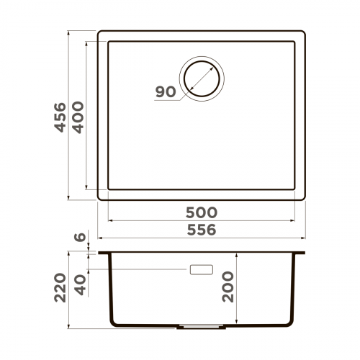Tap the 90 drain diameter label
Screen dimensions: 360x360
tap(165, 92)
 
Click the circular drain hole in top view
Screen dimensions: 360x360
tap(202, 76)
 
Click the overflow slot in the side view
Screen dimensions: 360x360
tap(201, 269)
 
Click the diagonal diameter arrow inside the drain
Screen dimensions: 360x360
tap(202, 76)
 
